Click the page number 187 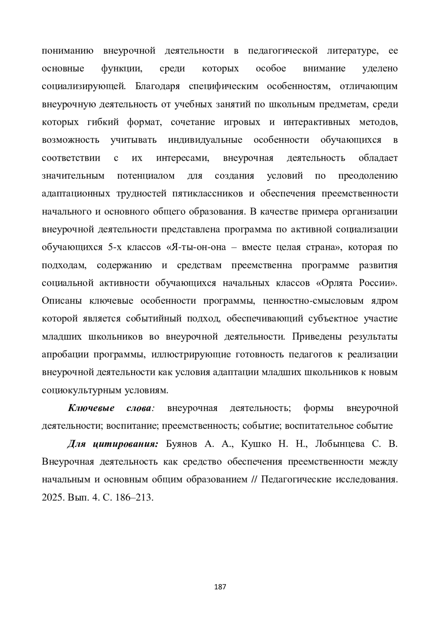[220, 587]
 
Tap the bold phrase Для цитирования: [113, 444]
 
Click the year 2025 [53, 498]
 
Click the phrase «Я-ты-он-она [197, 247]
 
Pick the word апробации [64, 354]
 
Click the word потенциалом [146, 176]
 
